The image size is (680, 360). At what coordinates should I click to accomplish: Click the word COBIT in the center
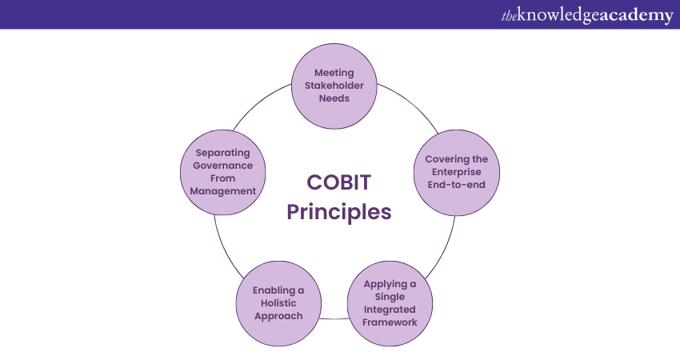(x=338, y=182)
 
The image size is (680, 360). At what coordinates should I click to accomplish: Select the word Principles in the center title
(x=338, y=213)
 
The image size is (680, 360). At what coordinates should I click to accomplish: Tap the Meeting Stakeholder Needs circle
(x=334, y=86)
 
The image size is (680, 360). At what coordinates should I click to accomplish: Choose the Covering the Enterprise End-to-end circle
(x=457, y=173)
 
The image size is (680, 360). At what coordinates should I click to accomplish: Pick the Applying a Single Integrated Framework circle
(x=390, y=304)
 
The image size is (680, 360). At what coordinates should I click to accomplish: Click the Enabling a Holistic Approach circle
(x=279, y=304)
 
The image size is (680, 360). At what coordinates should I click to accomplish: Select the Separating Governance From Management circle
(x=223, y=172)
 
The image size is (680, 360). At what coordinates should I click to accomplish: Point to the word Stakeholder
(x=334, y=86)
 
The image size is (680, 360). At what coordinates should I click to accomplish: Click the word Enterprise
(x=456, y=172)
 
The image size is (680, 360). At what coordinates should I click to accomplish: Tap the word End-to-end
(x=456, y=185)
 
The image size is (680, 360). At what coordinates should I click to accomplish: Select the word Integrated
(x=390, y=310)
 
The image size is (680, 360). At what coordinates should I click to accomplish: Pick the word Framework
(x=390, y=322)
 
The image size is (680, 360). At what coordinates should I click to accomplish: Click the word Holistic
(x=278, y=303)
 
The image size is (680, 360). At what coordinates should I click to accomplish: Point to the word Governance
(x=223, y=166)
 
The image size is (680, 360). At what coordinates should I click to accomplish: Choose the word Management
(x=223, y=191)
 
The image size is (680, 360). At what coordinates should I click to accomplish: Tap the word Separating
(x=223, y=153)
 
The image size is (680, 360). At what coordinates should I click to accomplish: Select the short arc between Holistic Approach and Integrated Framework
(x=334, y=318)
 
